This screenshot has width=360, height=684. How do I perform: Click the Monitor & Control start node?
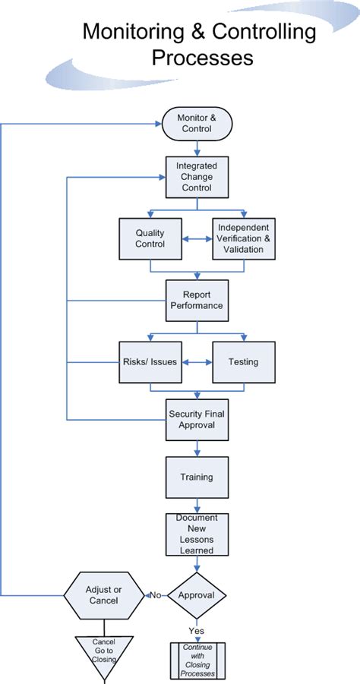coord(197,124)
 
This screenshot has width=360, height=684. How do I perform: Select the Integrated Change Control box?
coord(197,177)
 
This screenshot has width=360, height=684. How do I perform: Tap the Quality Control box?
coord(150,238)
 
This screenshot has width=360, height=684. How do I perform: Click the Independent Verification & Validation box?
coord(244,238)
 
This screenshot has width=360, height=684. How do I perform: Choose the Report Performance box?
coord(197,301)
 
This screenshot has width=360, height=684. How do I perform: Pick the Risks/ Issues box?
coord(150,362)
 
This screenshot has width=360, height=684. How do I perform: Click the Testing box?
coord(244,362)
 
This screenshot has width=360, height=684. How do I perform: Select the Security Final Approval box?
coord(197,420)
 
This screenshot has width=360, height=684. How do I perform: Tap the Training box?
coord(197,478)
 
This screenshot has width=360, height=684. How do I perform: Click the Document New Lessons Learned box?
coord(197,534)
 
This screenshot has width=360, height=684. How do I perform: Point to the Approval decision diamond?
coord(197,595)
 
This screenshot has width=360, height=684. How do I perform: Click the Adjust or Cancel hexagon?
coord(104,595)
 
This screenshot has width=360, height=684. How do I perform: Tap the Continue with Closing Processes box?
coord(197,660)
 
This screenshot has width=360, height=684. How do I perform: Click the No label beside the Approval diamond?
coord(156,595)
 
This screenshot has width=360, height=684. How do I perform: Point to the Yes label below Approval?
coord(197,631)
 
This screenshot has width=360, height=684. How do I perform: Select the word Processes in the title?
coord(203,58)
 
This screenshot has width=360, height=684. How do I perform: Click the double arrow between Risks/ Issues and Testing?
coord(197,362)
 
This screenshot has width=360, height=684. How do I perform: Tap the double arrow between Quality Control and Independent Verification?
coord(197,238)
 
